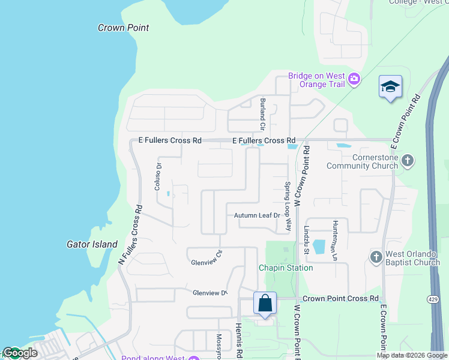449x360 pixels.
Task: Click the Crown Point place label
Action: click(123, 28)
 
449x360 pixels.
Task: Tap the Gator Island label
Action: click(92, 244)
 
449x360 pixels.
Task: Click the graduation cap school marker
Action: click(390, 87)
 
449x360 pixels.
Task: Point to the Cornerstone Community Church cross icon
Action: click(408, 160)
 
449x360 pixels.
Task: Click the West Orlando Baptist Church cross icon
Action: click(376, 257)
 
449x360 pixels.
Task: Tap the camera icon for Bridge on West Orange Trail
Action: click(354, 79)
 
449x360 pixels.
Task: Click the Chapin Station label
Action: click(286, 268)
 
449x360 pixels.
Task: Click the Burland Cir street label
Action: click(262, 113)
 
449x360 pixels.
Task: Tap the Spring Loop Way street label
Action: click(288, 206)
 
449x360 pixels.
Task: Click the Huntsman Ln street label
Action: click(335, 240)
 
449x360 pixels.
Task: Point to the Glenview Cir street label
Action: click(206, 262)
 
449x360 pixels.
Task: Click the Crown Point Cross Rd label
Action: click(340, 298)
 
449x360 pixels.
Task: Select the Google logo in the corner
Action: click(19, 353)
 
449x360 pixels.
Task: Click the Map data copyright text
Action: click(411, 355)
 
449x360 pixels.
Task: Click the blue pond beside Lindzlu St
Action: click(318, 246)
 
